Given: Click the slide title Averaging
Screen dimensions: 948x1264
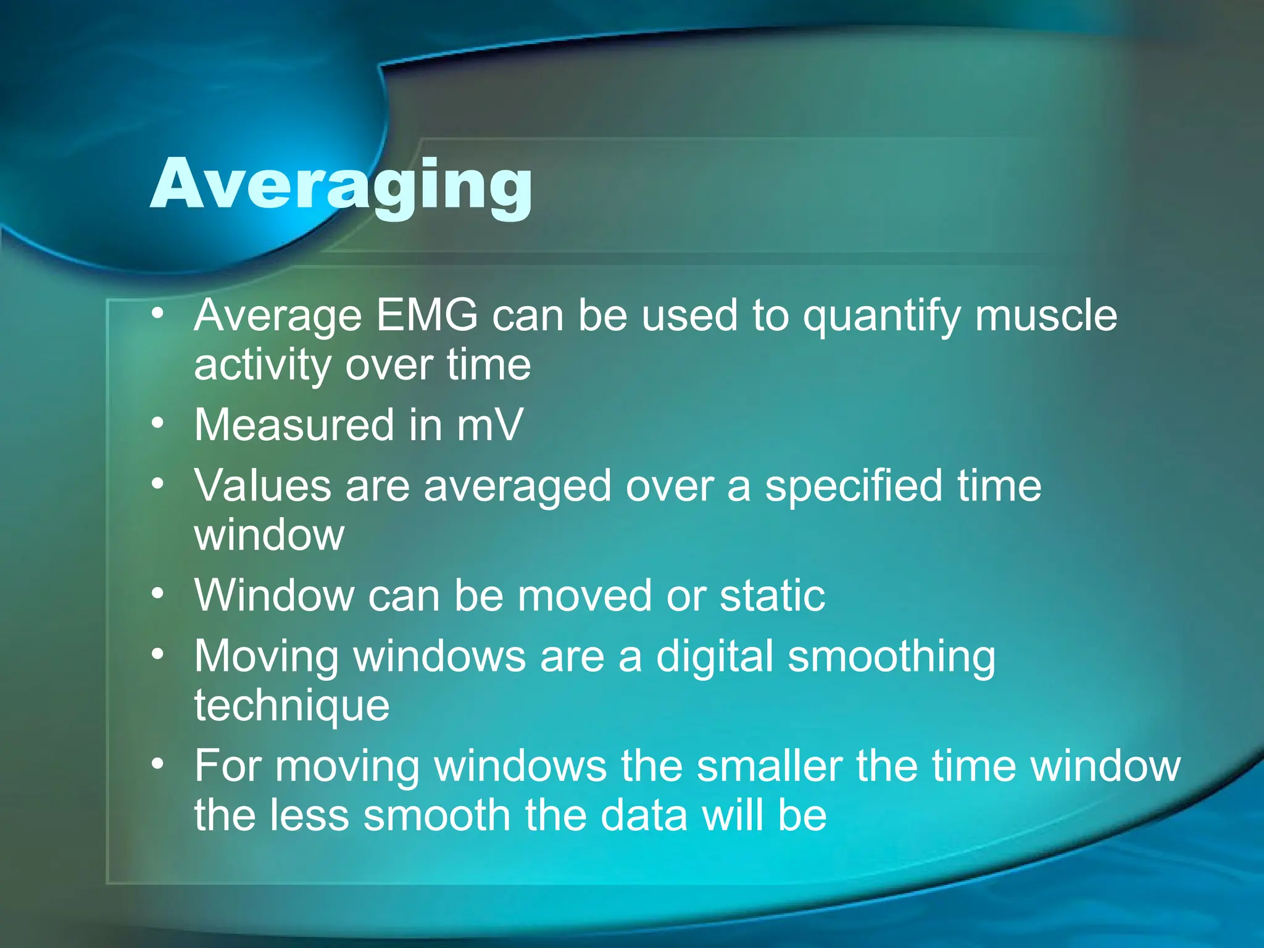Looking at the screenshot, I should click(x=341, y=185).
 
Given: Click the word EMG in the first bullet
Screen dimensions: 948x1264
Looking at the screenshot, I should click(x=426, y=316).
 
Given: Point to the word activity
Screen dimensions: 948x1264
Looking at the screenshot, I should click(x=262, y=365).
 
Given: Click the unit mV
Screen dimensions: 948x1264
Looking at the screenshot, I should click(x=489, y=425).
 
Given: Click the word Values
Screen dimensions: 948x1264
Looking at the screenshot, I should click(x=263, y=486).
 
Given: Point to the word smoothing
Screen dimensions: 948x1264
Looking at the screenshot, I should click(x=892, y=657).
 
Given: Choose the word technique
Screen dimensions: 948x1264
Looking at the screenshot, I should click(x=292, y=706).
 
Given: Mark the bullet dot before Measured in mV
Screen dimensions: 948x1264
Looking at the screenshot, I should click(x=158, y=423).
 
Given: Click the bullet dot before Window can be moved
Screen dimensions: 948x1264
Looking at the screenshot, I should click(x=158, y=594).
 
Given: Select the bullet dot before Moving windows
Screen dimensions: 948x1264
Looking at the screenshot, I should click(x=158, y=654).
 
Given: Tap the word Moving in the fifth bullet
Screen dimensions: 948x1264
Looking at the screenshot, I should click(x=267, y=657).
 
